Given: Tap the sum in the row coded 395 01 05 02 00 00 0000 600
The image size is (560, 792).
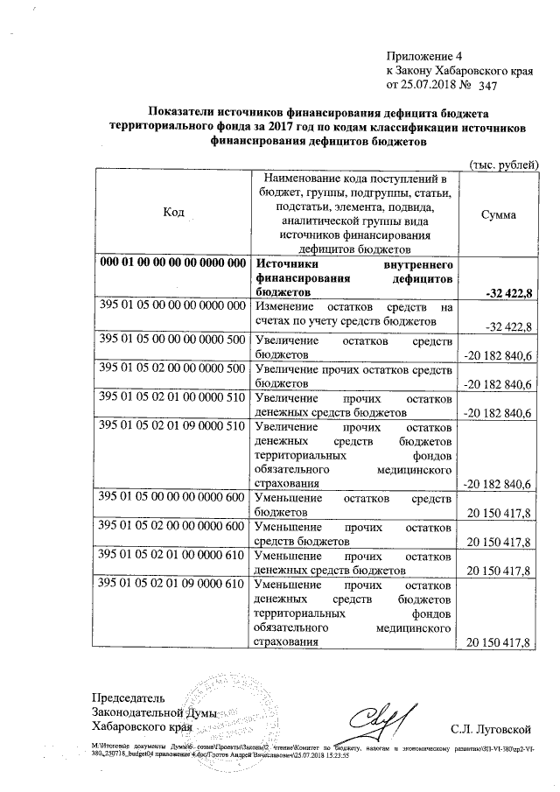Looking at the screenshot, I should [x=500, y=543].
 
